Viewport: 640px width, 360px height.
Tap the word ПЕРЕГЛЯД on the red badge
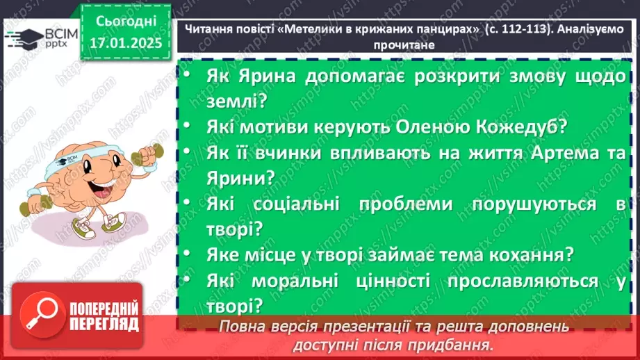104,323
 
